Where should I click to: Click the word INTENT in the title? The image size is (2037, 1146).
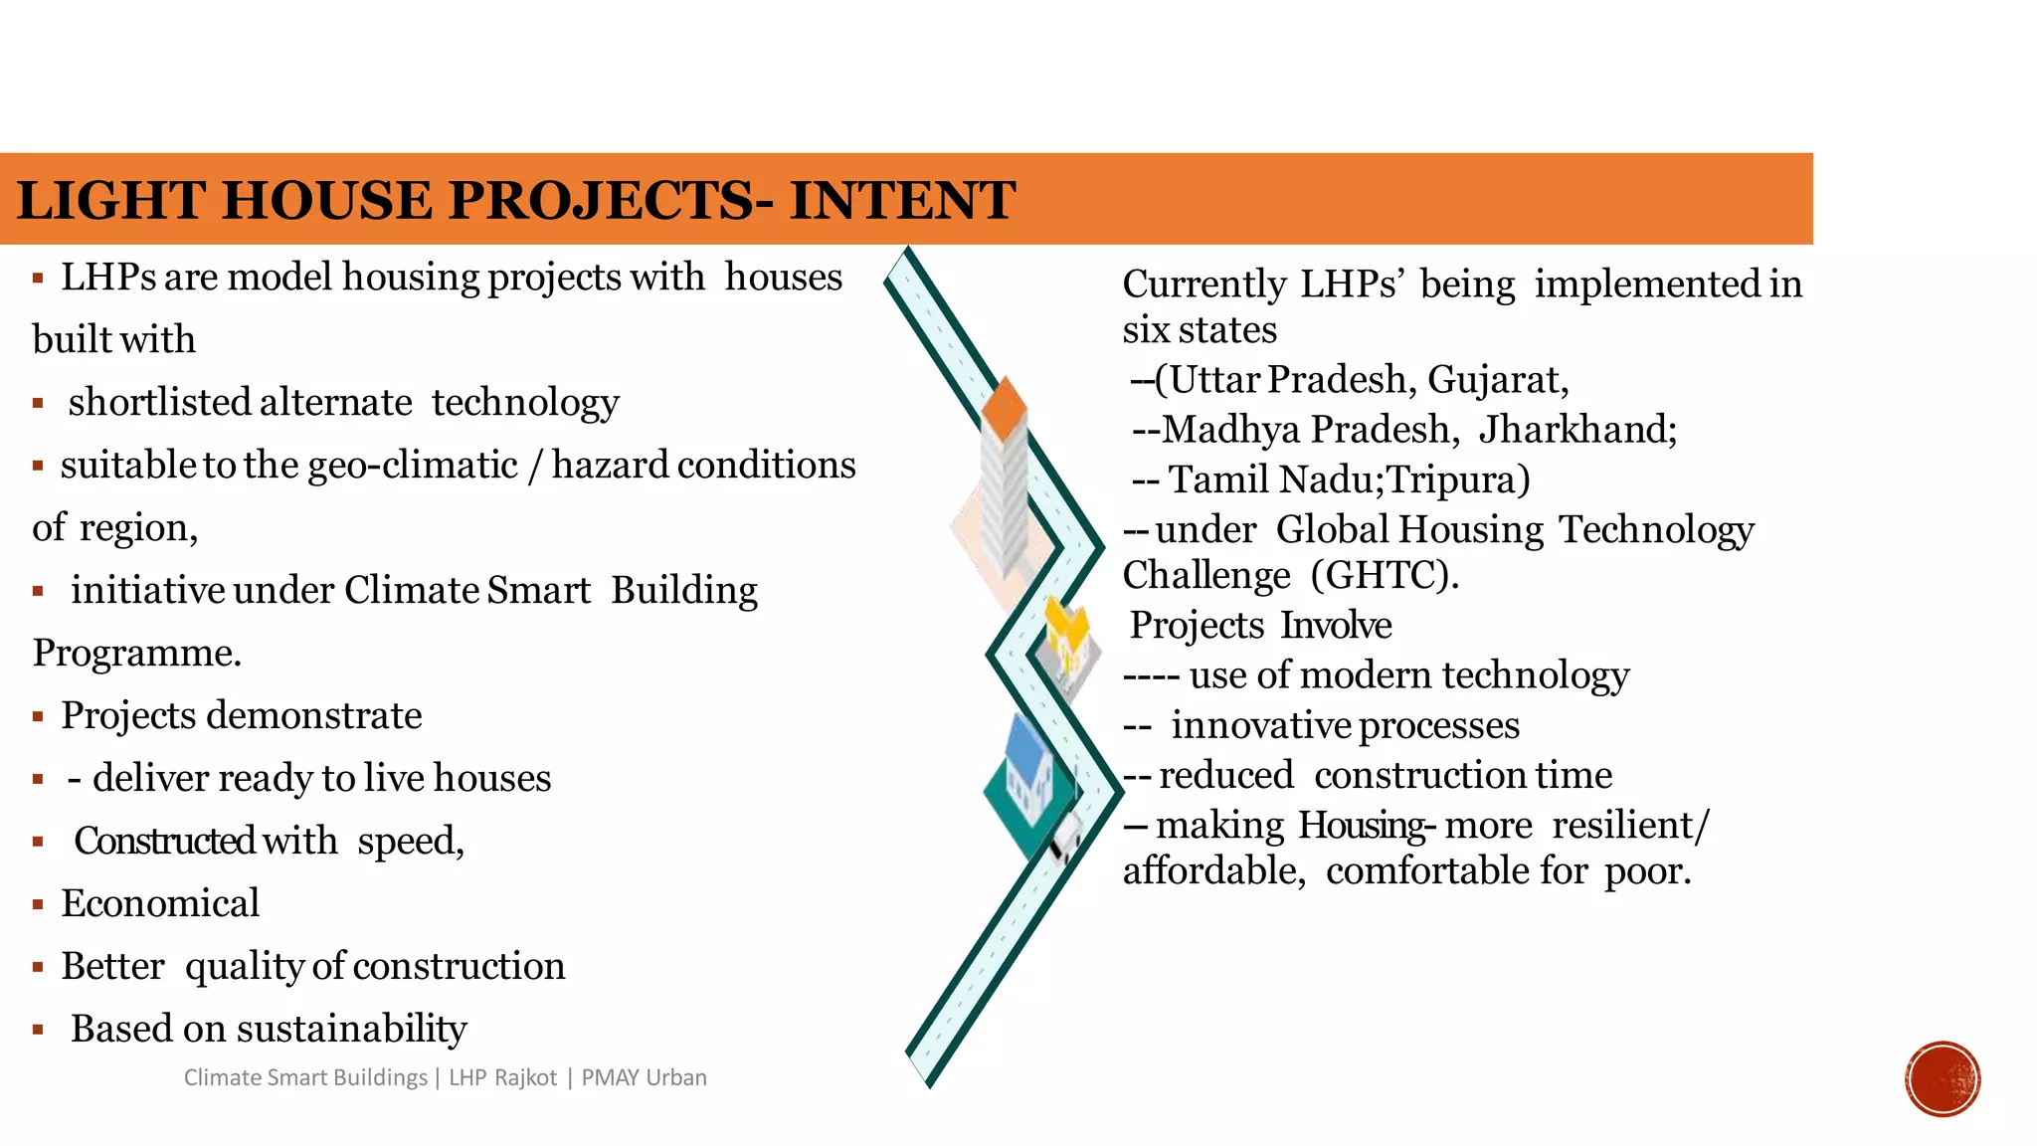point(902,200)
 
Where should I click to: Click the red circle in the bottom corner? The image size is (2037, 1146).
point(1943,1079)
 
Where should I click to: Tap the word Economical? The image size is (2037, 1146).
point(160,903)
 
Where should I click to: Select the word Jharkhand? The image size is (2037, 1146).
point(1576,430)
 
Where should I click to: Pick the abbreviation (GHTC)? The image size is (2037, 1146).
point(1384,575)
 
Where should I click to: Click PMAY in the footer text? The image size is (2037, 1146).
point(610,1077)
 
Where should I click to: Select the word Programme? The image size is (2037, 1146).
point(137,653)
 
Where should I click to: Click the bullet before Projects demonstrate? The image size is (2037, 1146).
point(38,716)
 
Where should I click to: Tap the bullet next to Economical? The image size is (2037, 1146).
point(38,904)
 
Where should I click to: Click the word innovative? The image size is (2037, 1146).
point(1258,725)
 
